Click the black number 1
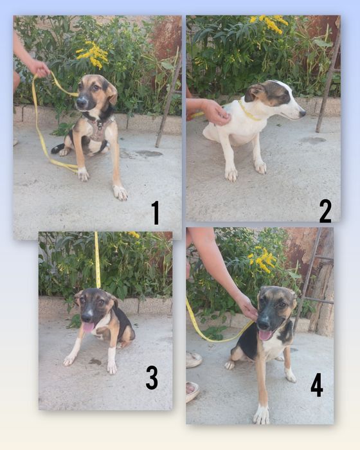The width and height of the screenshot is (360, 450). (155, 213)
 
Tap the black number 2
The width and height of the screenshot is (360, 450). (325, 212)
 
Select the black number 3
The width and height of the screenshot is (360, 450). (152, 378)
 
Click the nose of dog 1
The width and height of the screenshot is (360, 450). (81, 101)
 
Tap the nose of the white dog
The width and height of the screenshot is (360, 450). (303, 114)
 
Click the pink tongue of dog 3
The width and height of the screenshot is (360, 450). (89, 327)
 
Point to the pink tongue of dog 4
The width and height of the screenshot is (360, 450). (265, 335)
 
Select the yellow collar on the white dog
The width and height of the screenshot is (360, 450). (249, 113)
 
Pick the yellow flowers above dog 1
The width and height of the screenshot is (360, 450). (93, 55)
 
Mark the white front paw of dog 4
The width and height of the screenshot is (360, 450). (262, 415)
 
